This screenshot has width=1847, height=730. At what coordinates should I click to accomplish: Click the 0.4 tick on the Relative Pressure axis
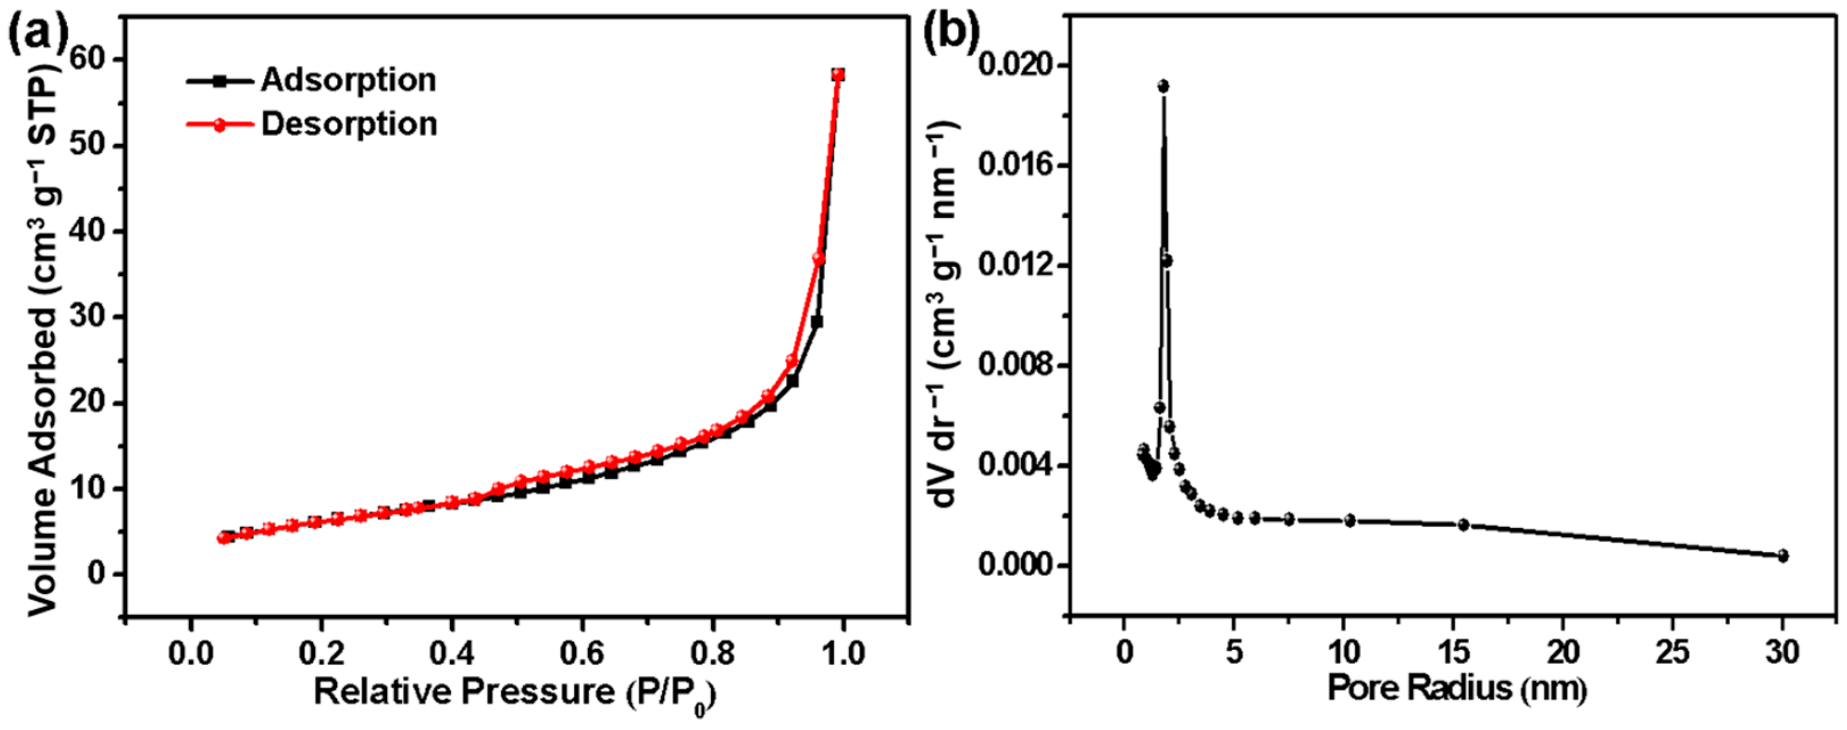click(x=452, y=654)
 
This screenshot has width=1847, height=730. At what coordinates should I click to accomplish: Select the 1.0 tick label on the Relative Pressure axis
click(x=843, y=654)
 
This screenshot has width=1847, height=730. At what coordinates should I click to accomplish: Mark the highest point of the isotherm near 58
click(x=838, y=75)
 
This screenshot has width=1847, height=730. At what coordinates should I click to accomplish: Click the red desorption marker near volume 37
click(x=819, y=259)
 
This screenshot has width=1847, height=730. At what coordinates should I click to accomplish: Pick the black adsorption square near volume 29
click(x=816, y=322)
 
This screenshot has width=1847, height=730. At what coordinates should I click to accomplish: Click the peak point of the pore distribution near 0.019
click(x=1163, y=86)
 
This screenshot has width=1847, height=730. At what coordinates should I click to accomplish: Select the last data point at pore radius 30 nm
click(x=1783, y=556)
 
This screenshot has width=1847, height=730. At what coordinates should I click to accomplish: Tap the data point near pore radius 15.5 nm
click(x=1464, y=525)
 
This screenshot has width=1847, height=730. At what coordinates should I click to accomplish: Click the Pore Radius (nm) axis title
click(x=1457, y=689)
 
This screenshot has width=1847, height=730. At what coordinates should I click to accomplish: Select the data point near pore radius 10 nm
click(x=1350, y=521)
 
